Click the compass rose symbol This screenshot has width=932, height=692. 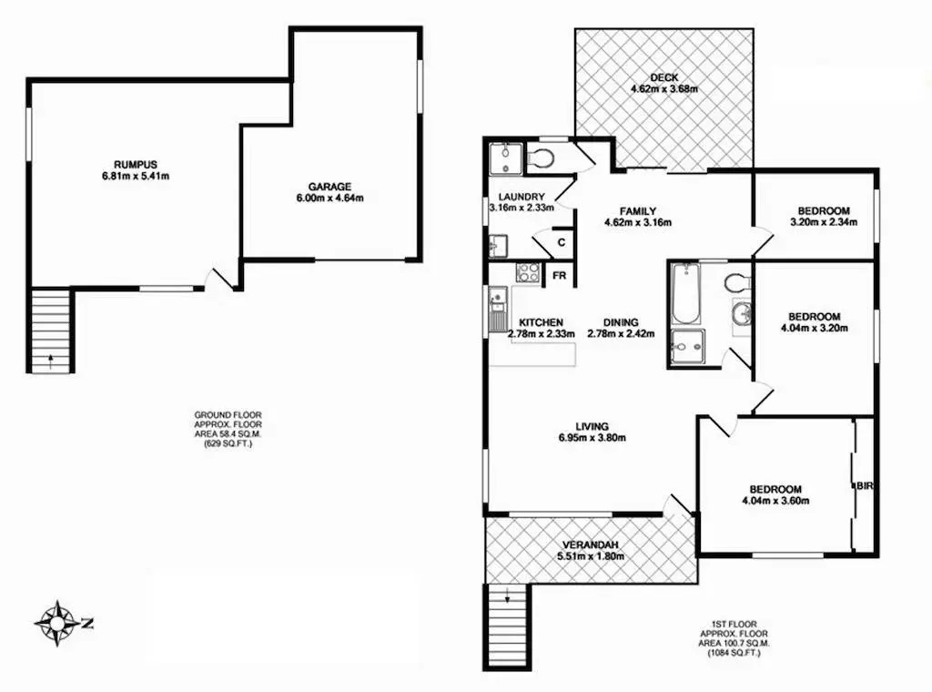pyautogui.click(x=56, y=623)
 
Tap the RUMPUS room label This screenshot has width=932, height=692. pyautogui.click(x=136, y=165)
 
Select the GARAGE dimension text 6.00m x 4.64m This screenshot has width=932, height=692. pyautogui.click(x=329, y=198)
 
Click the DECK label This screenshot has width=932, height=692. pyautogui.click(x=664, y=78)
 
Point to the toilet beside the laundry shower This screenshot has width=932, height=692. pyautogui.click(x=541, y=158)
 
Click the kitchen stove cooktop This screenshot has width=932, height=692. pyautogui.click(x=527, y=272)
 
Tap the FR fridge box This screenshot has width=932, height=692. pyautogui.click(x=560, y=276)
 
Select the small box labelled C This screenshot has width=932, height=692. pyautogui.click(x=562, y=242)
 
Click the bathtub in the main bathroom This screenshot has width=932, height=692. pyautogui.click(x=685, y=294)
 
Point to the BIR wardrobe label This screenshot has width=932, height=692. pyautogui.click(x=865, y=485)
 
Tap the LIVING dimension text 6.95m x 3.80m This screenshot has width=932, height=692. pyautogui.click(x=592, y=438)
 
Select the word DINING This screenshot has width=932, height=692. pyautogui.click(x=621, y=323)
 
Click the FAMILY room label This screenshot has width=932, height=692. pyautogui.click(x=638, y=211)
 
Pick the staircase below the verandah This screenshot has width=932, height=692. pyautogui.click(x=506, y=626)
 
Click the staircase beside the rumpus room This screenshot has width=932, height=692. pyautogui.click(x=51, y=331)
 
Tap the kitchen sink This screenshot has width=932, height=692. pyautogui.click(x=497, y=310)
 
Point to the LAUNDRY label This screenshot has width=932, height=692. pyautogui.click(x=522, y=197)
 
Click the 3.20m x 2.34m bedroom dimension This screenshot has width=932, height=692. pyautogui.click(x=824, y=222)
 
